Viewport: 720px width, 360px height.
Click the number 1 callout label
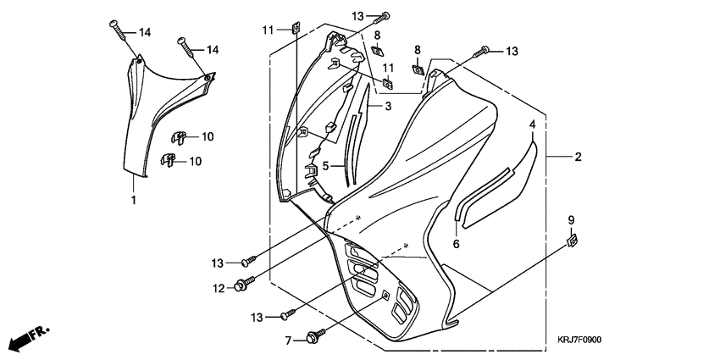tap(133, 200)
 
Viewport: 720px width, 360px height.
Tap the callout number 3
tap(388, 106)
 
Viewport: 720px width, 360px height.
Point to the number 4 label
tap(533, 125)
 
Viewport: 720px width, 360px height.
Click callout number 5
tap(325, 165)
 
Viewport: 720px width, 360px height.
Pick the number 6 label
tap(456, 244)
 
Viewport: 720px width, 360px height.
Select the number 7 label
tap(288, 340)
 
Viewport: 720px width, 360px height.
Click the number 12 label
tap(218, 288)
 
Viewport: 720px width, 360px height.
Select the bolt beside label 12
tap(243, 284)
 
